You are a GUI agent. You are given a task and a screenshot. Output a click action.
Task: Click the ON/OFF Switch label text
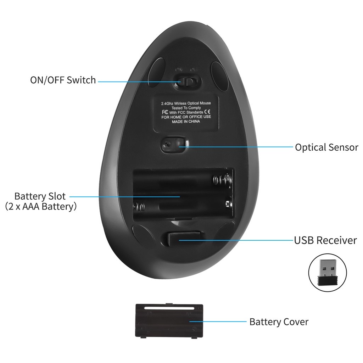[x=63, y=80]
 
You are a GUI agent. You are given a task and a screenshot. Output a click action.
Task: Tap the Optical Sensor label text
[x=326, y=147]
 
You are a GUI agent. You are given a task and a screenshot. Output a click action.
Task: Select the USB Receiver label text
[x=325, y=240]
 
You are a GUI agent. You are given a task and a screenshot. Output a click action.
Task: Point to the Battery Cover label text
[x=279, y=322]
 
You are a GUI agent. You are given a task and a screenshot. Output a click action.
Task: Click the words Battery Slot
[x=40, y=196]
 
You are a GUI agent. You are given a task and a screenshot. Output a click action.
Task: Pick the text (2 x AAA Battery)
[x=41, y=207]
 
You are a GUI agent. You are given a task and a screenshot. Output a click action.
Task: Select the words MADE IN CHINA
[x=186, y=121]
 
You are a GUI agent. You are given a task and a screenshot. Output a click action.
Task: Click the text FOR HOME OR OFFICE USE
[x=186, y=117]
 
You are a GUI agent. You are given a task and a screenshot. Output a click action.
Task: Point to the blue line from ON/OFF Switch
[x=138, y=82]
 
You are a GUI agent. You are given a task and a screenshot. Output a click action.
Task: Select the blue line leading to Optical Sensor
[x=238, y=146]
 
